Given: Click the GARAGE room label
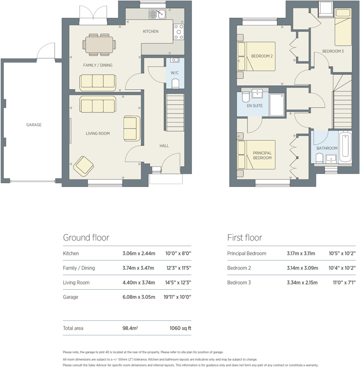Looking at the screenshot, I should [x=34, y=125].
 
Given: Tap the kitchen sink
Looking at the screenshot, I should [x=156, y=14].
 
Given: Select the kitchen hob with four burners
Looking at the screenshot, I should [x=179, y=32].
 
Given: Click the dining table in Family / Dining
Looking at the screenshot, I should [x=98, y=44].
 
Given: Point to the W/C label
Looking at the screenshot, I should [x=174, y=73].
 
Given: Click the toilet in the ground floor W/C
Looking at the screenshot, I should [x=175, y=83].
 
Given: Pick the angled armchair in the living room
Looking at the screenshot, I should [x=84, y=166].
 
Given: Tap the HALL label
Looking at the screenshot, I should [x=164, y=146].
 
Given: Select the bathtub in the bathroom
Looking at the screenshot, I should [x=345, y=148].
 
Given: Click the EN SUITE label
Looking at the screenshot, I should [x=255, y=106].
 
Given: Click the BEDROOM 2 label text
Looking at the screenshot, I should [x=261, y=56].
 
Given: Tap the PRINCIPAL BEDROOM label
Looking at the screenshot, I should [x=262, y=155].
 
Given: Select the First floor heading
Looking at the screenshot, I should [x=244, y=238].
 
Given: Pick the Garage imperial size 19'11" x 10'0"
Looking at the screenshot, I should [x=178, y=297].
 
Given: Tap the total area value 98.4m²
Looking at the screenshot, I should [x=129, y=329].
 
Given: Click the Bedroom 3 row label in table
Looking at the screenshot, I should [x=239, y=283].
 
